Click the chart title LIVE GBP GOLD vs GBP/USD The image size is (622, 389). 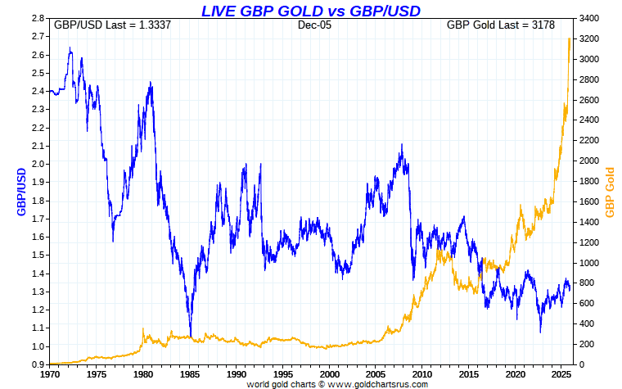(x=311, y=11)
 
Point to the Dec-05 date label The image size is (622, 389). (x=313, y=25)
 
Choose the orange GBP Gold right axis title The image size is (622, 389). (x=610, y=192)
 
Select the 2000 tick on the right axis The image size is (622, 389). (x=588, y=161)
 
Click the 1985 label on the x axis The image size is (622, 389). (x=189, y=373)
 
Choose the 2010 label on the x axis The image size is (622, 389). (x=422, y=373)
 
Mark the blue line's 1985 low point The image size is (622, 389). (x=191, y=335)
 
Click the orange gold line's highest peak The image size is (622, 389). (x=569, y=38)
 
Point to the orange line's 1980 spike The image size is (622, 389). (x=143, y=329)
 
